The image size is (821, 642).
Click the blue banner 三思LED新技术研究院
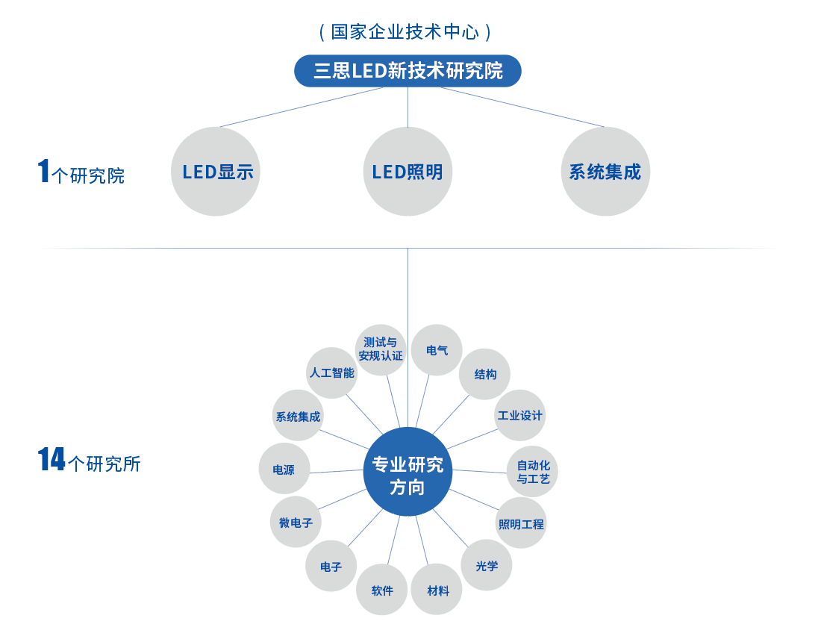pos(408,72)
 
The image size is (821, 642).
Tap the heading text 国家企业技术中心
pos(408,32)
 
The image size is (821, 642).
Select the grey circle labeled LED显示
pos(216,172)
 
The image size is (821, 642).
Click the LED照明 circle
pos(408,172)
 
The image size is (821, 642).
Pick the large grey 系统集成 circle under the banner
pos(605,172)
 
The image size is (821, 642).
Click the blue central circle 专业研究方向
pos(408,472)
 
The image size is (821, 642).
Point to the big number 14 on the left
pos(51,460)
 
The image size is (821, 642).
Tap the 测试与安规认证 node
pos(381,349)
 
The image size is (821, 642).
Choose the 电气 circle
pos(437,349)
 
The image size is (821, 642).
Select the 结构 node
pos(485,373)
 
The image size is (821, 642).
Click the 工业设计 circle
pos(520,415)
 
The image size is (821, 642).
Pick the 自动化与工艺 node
pos(533,472)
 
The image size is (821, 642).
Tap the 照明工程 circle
pos(521,523)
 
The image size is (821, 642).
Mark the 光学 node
pos(487,565)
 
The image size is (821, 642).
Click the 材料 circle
pos(437,590)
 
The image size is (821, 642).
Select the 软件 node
pos(382,590)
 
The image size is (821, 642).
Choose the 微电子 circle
pos(296,523)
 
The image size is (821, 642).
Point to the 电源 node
pos(284,470)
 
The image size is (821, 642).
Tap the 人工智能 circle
pos(332,373)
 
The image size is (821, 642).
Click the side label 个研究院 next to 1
pos(88,176)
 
